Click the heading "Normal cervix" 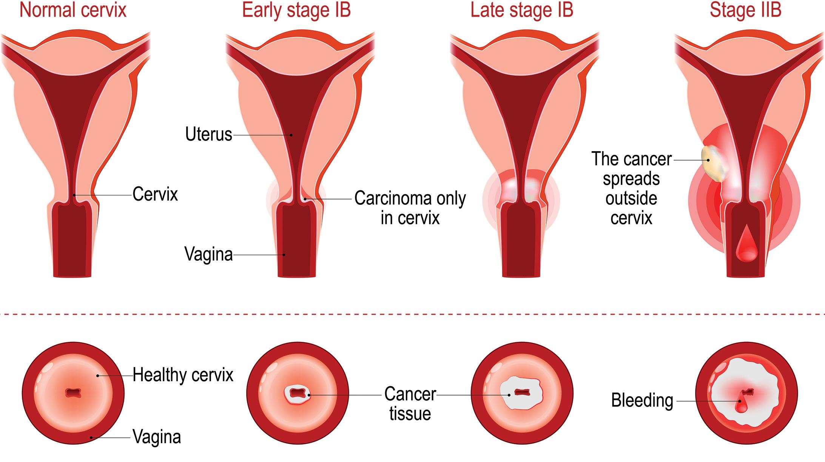point(73,10)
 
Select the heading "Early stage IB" point(296,10)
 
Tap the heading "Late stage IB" point(522,10)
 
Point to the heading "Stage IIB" point(745,10)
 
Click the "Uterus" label point(208,134)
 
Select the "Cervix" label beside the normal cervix point(155,195)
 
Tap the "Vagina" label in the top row point(208,254)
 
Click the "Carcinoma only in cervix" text point(410,208)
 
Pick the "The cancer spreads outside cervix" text point(631,188)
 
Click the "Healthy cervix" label point(183,375)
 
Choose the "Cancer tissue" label point(410,404)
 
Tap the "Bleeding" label point(642,400)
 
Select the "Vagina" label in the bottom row point(157,437)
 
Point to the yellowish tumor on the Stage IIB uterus point(711,163)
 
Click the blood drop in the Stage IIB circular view point(740,406)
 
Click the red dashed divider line point(412,314)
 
